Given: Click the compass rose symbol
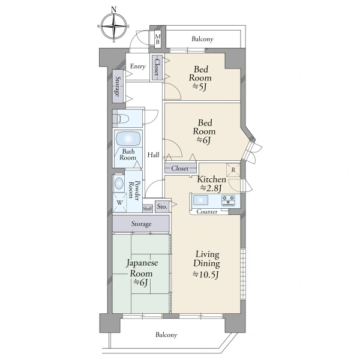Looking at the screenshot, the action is pos(114,26).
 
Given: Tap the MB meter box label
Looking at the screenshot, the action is pos(157,39).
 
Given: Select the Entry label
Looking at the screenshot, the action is pos(138,67).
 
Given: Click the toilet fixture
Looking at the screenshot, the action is pos(123,118).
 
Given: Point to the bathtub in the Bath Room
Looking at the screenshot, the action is pos(128,139).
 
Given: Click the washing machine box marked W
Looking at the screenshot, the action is pos(119,203).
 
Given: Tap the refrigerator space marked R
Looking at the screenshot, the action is pos(233,170).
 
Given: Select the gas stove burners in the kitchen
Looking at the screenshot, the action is pos(228,200).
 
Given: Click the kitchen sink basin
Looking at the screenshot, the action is pos(200,200).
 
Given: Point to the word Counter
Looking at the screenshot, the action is pos(207,211).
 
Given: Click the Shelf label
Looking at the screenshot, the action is pos(148,209).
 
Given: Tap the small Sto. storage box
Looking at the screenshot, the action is pos(162,206).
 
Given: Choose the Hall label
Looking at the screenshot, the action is pos(153,155).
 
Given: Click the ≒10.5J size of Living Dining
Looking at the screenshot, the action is pos(205,274).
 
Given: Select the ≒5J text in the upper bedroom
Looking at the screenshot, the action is pos(200,87).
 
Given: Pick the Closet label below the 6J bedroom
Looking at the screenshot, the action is pos(180,168).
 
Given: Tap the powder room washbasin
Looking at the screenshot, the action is pos(119,184).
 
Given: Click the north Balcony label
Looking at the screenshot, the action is pos(203,39).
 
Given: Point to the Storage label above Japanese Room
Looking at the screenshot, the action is pos(141,224).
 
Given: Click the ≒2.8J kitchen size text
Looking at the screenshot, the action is pos(211,188).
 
